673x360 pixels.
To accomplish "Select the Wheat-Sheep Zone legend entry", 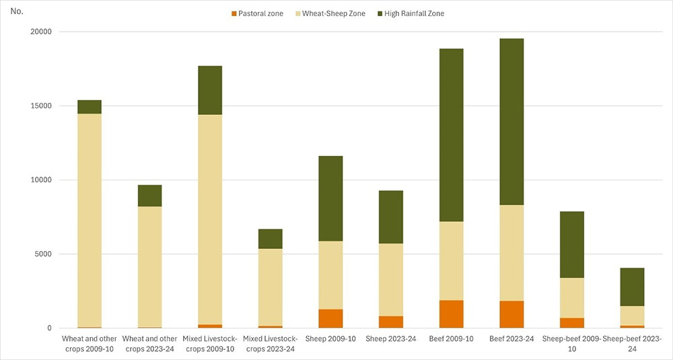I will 335,13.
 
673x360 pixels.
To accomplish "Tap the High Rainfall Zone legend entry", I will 414,13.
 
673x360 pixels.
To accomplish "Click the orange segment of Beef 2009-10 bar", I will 452,314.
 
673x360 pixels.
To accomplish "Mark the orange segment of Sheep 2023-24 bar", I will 391,322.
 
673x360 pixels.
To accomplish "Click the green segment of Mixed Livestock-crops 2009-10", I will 210,90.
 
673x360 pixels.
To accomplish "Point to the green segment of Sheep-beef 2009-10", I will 572,244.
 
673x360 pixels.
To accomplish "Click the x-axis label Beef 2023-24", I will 511,339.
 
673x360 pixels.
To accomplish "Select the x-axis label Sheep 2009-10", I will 330,339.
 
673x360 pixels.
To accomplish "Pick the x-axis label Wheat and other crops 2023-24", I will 149,343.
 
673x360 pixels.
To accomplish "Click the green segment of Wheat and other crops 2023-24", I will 149,195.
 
